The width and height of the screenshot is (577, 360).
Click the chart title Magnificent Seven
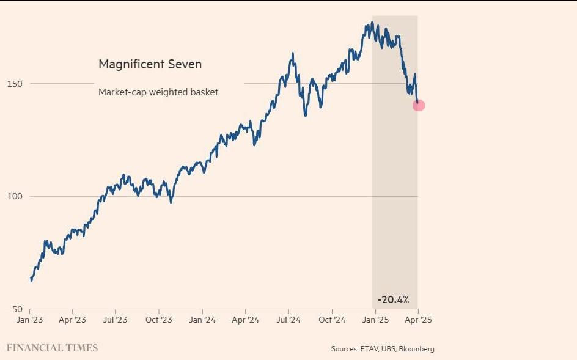click(x=150, y=64)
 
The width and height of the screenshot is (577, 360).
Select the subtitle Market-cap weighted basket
click(x=158, y=92)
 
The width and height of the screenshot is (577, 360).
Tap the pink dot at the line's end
click(x=419, y=105)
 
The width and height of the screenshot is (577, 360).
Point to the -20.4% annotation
click(x=393, y=299)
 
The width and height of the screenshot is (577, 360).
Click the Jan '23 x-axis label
click(x=30, y=320)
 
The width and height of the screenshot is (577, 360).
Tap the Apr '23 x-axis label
click(x=72, y=320)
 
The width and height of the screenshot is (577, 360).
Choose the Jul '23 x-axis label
click(x=115, y=320)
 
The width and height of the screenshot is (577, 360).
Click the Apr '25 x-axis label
click(x=418, y=320)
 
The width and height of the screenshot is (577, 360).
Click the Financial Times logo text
click(x=52, y=348)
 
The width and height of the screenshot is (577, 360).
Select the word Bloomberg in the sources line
click(x=416, y=349)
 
